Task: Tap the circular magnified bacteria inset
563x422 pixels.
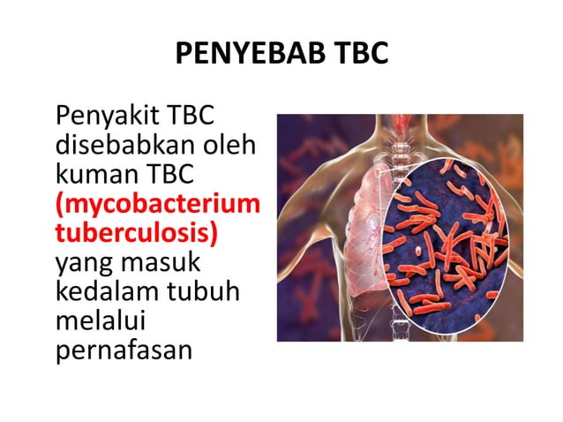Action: click(x=446, y=239)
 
